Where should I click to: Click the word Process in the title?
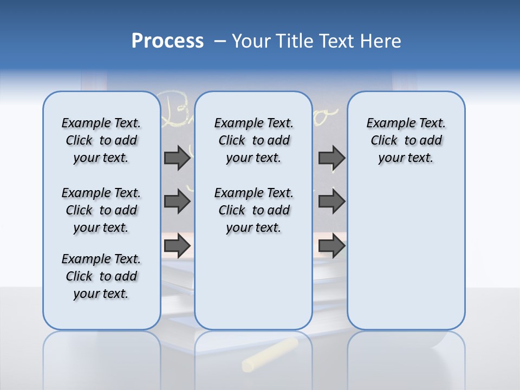tap(167, 41)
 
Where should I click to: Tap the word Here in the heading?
tap(381, 41)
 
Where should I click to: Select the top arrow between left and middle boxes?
tap(177, 158)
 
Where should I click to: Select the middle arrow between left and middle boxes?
tap(177, 201)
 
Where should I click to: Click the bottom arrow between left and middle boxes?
tap(177, 245)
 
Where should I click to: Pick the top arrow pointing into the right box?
tap(331, 158)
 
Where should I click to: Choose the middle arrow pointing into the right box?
tap(331, 201)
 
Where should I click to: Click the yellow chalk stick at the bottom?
tap(270, 355)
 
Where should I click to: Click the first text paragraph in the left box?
tap(101, 140)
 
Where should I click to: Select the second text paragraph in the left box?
tap(101, 210)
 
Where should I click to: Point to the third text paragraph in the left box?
tap(101, 276)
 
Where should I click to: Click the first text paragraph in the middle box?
tap(253, 140)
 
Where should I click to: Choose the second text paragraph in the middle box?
tap(253, 210)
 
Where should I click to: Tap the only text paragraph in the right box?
tap(406, 140)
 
